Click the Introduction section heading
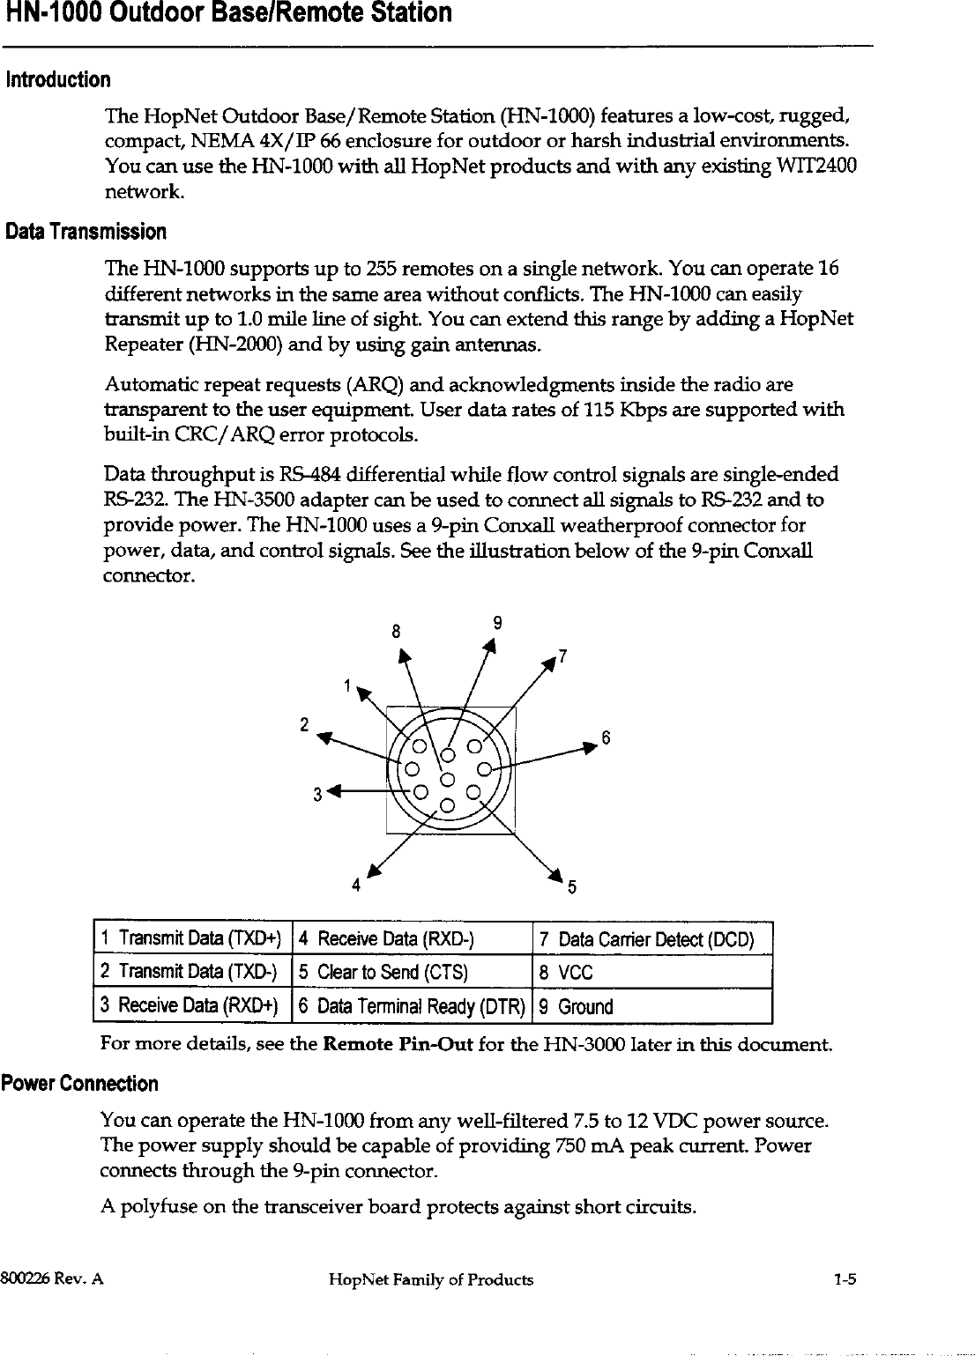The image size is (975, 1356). [58, 81]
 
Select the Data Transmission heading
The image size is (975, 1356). [86, 233]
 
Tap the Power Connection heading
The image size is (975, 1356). [80, 1084]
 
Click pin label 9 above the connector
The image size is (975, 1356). [498, 624]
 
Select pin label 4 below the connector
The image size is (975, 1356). [356, 885]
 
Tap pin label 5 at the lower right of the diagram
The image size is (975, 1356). [571, 887]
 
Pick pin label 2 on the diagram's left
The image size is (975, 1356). [303, 725]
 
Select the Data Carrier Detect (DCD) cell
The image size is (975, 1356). [652, 939]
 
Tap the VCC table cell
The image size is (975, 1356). [652, 973]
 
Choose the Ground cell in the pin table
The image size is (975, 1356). [652, 1006]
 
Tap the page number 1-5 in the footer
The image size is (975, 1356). [845, 1279]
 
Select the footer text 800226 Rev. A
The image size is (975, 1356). [53, 1279]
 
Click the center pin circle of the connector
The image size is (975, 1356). [447, 779]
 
